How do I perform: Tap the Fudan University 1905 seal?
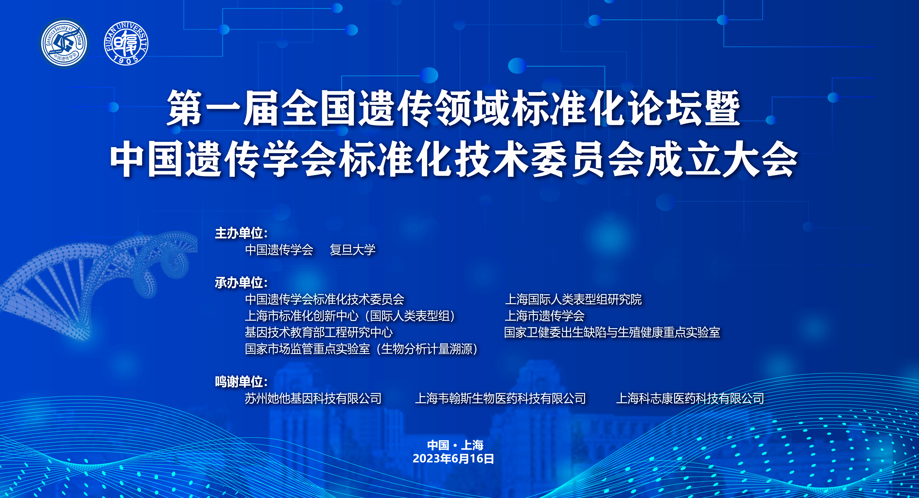click(126, 43)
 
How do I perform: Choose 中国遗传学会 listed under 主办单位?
click(279, 250)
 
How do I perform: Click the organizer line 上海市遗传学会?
click(544, 316)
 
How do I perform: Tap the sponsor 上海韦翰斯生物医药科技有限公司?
click(500, 398)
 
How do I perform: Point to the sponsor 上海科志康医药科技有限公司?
click(690, 398)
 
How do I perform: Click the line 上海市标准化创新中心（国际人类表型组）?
click(350, 316)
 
